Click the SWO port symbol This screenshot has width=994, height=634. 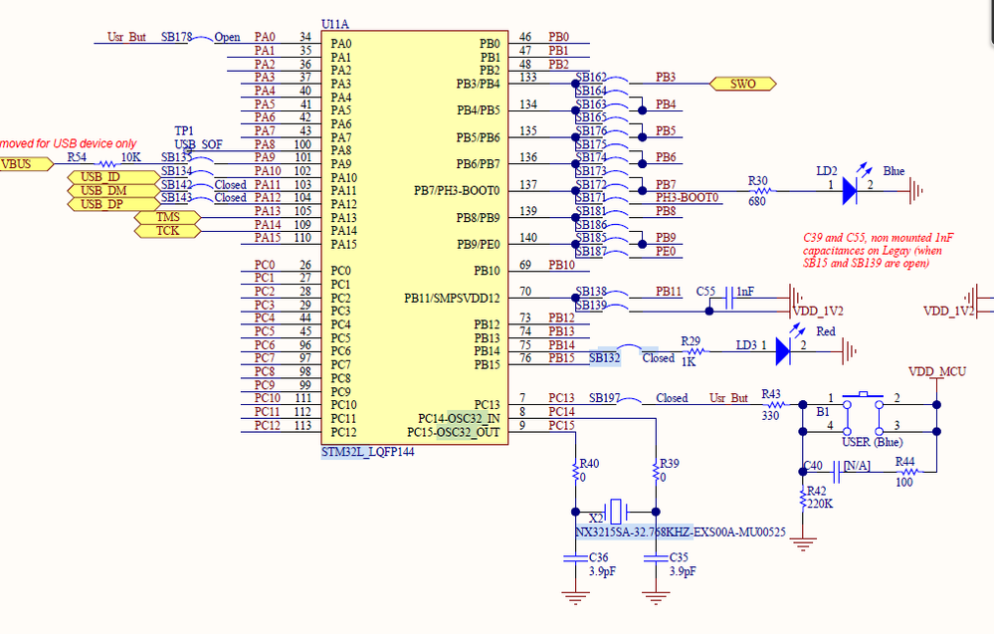tap(742, 84)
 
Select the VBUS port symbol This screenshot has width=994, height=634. tap(25, 164)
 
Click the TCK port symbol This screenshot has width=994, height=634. tap(167, 231)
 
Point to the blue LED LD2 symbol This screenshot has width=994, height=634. tap(850, 190)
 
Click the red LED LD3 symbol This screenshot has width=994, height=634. tap(783, 350)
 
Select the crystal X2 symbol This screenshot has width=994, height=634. tap(615, 511)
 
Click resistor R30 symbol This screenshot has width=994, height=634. tap(761, 190)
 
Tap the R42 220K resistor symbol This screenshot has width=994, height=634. tap(803, 499)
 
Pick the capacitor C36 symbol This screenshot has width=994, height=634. tap(575, 558)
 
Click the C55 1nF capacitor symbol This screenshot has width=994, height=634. tap(729, 298)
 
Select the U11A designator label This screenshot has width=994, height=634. tap(334, 24)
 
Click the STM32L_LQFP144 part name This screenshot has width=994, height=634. tap(368, 452)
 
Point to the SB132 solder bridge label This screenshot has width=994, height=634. tap(605, 358)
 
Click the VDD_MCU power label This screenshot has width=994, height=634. tap(937, 371)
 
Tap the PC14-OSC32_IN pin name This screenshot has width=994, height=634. tap(459, 418)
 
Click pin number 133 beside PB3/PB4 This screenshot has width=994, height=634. tap(528, 78)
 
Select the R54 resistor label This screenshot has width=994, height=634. tap(77, 157)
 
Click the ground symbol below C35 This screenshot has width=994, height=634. tap(656, 597)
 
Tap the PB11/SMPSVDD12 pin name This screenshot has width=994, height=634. tap(452, 298)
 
